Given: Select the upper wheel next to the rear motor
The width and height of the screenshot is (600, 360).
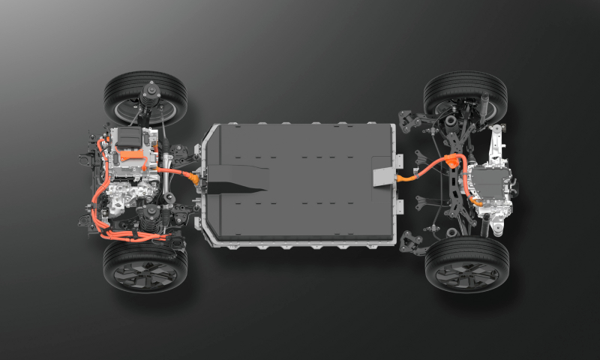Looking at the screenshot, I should tap(465, 93).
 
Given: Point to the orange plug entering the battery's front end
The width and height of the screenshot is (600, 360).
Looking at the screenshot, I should tap(196, 180).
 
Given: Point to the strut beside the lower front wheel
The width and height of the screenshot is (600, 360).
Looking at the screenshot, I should tap(154, 220).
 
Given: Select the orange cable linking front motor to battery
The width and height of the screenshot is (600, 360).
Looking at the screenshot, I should tap(176, 172).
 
